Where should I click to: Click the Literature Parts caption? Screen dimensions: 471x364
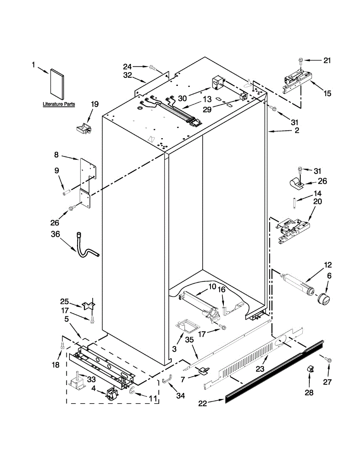tap(59, 104)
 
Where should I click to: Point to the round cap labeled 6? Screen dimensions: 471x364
tap(324, 299)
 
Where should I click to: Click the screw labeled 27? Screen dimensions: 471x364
tap(329, 359)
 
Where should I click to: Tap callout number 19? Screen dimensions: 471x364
tap(94, 104)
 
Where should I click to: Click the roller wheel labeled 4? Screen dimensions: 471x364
tap(111, 394)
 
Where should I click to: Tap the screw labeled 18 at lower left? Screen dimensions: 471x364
tap(62, 345)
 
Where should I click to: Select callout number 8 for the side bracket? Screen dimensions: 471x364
tap(56, 155)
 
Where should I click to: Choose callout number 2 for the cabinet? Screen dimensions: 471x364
tap(297, 131)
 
